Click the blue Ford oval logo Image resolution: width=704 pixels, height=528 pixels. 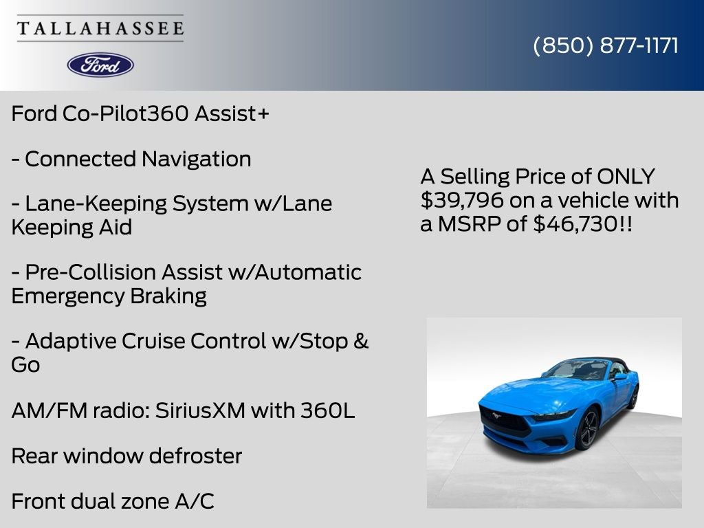coord(100,65)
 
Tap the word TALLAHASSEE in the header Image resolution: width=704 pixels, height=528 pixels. coord(100,29)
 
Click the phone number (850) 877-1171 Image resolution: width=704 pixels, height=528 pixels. coord(606,45)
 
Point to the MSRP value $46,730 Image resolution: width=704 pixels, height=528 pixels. coord(575,223)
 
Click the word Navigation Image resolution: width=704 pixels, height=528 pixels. coord(196,159)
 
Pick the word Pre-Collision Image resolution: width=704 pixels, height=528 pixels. coord(91,272)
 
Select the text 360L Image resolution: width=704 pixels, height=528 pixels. coord(328,410)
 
